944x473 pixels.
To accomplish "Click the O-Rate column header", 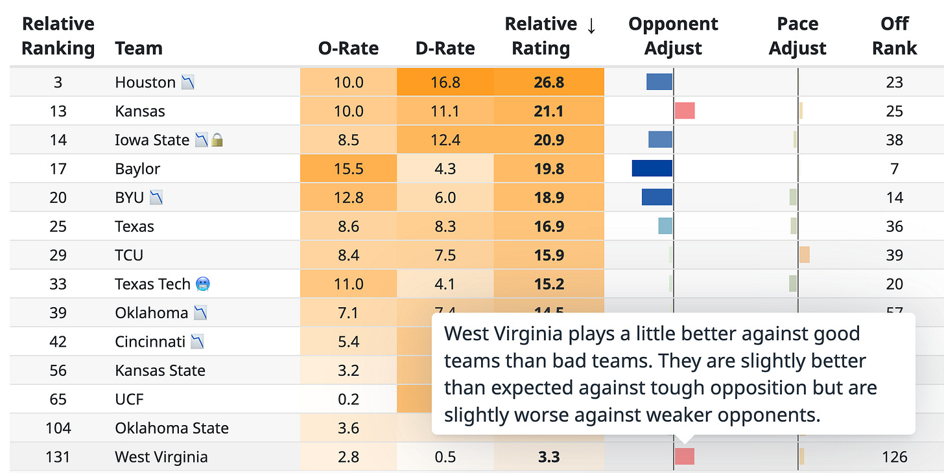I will [348, 48].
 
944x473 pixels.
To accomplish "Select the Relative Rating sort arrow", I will [591, 25].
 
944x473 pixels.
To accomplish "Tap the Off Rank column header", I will [894, 36].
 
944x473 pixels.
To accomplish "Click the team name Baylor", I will [137, 169].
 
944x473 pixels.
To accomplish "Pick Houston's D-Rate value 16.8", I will [445, 82].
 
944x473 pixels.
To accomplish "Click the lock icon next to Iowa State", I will [217, 140].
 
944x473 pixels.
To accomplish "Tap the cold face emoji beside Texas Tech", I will [203, 284].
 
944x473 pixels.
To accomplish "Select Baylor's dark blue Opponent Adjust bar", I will [652, 168].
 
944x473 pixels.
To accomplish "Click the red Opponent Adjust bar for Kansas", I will [685, 111].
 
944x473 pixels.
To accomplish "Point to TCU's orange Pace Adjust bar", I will [805, 255].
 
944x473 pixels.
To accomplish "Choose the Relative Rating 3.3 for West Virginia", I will [548, 457].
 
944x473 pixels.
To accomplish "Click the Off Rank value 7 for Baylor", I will [894, 169].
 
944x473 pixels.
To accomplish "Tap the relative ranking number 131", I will [58, 457].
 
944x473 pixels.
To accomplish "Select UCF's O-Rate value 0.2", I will [348, 399].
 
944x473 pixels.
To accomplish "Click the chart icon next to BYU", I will [156, 197].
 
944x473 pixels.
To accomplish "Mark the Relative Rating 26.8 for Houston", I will [548, 82].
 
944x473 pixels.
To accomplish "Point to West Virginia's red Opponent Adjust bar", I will [685, 456].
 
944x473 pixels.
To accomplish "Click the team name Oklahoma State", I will [172, 428].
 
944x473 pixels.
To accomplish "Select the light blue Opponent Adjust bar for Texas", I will [665, 226].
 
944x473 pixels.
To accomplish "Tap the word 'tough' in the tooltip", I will [690, 387].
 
